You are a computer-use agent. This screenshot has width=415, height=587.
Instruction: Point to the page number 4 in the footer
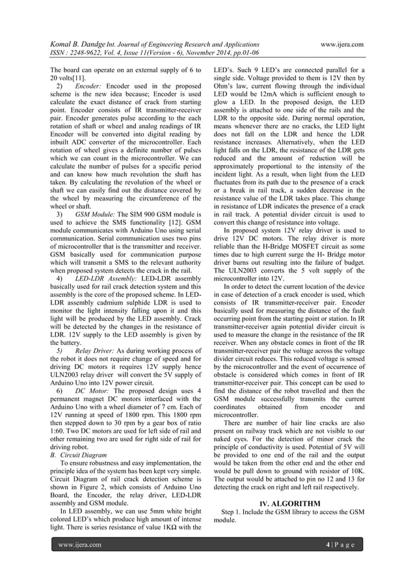[x=330, y=544]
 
